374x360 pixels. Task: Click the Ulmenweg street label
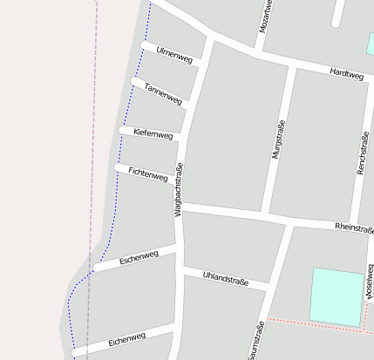pos(173,56)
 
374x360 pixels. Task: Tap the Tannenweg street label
pos(163,94)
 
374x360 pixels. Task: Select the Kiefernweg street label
pos(153,133)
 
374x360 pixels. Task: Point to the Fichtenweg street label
pos(147,174)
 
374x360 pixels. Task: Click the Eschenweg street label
pos(139,257)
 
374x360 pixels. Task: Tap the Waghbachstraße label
pos(178,189)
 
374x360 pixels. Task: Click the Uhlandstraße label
pos(225,280)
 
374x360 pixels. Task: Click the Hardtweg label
pos(346,75)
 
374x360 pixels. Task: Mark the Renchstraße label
pos(364,153)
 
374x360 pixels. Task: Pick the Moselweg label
pos(371,284)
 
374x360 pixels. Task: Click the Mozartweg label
pos(266,17)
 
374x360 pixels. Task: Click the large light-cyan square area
pos(337,296)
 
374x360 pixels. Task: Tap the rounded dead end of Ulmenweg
pos(146,45)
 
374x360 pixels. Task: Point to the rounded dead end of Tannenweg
pos(135,81)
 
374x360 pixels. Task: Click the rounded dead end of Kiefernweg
pos(124,129)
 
